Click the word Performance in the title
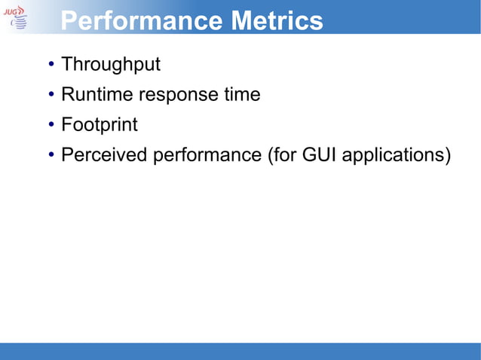(x=141, y=20)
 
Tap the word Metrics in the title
(x=277, y=20)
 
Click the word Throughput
(x=111, y=65)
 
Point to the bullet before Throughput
(x=50, y=65)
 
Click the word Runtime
(x=94, y=95)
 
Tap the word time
(x=240, y=95)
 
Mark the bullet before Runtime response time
(x=50, y=95)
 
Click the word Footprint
(x=100, y=125)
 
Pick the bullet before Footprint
(x=50, y=125)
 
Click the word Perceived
(x=104, y=156)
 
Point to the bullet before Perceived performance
(x=50, y=156)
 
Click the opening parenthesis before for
(x=270, y=156)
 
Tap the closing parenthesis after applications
(x=448, y=156)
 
